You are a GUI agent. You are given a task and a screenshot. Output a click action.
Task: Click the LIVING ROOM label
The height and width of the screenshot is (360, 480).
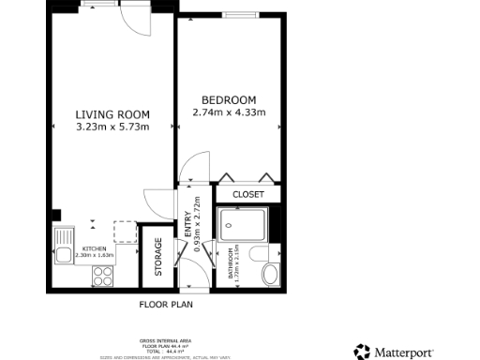click(x=112, y=115)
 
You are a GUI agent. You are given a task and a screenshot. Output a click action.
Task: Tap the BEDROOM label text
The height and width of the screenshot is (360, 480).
click(x=229, y=100)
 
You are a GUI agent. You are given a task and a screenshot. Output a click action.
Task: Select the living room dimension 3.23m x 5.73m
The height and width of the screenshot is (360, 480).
click(x=112, y=127)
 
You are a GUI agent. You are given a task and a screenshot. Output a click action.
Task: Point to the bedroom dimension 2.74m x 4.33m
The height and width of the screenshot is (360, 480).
click(x=229, y=112)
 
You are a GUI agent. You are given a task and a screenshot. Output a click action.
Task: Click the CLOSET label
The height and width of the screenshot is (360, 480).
click(x=247, y=194)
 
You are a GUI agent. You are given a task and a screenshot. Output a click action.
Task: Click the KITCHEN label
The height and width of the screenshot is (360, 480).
click(x=93, y=248)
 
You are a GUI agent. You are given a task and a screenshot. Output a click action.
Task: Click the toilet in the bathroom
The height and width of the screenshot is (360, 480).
click(x=269, y=271)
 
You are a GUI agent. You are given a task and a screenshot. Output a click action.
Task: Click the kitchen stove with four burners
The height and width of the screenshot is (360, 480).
click(x=102, y=276)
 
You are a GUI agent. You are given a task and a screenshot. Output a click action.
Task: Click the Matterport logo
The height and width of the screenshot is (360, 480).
click(x=394, y=352)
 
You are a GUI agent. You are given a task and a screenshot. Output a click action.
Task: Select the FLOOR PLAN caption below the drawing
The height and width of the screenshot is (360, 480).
click(x=165, y=305)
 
